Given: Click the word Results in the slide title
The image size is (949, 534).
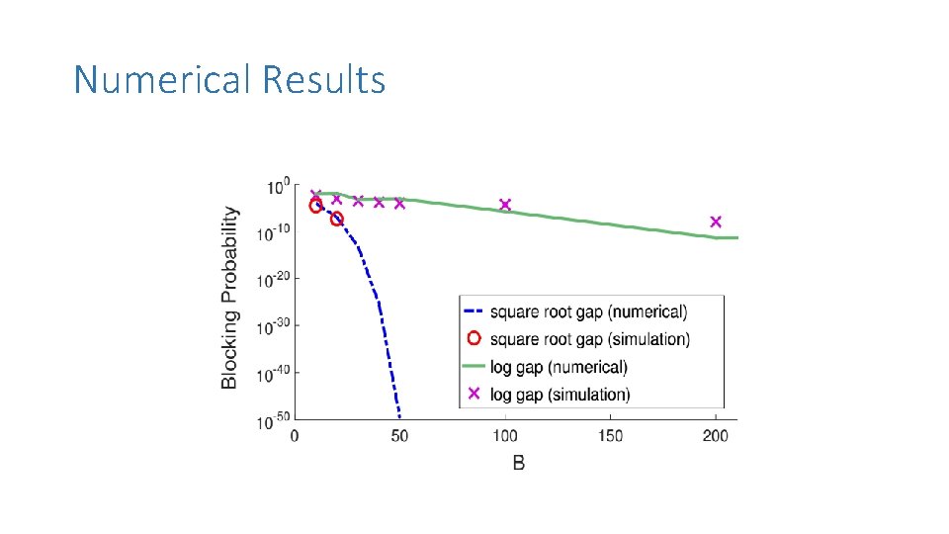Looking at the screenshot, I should coord(324,79).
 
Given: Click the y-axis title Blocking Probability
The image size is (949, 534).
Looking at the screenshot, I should coord(229,297).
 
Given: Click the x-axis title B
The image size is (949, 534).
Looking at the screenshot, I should coord(518,463).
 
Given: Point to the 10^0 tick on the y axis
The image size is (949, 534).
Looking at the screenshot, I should coord(278,186).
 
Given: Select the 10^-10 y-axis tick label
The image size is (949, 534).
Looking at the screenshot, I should coord(274,232).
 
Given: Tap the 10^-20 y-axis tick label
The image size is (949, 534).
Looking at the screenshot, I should coord(274,280).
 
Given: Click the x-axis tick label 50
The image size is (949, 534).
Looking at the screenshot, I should coord(399,436).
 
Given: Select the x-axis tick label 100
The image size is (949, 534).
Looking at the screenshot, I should coord(505,436).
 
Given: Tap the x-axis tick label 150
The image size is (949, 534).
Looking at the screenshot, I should coord(610,436).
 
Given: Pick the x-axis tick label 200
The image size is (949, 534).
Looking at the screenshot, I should coord(716,436).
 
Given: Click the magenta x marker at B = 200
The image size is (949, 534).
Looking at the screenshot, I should coord(716,222).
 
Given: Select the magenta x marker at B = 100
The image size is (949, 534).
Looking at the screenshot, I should coord(505,205).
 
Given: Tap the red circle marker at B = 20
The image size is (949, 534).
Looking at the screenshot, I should coord(337,219).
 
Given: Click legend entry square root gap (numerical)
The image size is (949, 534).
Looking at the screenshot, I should coord(588,311).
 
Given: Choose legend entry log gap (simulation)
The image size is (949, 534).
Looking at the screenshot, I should coord(560,394).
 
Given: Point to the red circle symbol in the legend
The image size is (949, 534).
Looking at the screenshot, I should coord(474,338).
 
